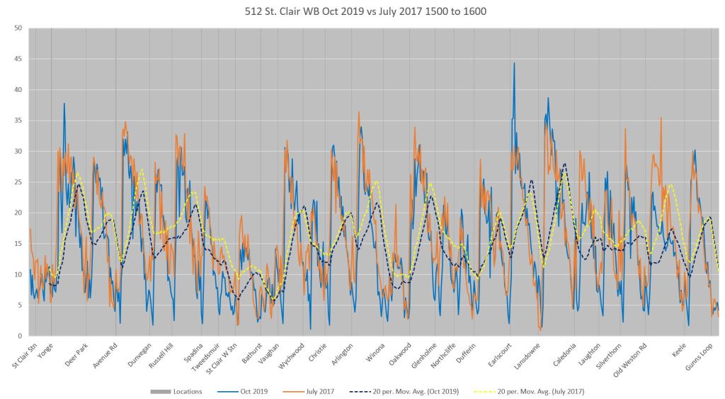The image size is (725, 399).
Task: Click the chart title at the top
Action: click(x=362, y=13)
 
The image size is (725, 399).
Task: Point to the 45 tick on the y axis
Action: click(x=19, y=60)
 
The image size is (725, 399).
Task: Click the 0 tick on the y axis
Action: click(x=21, y=336)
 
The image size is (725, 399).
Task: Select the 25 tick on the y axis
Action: click(x=19, y=182)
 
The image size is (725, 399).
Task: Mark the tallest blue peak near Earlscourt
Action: click(x=515, y=63)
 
